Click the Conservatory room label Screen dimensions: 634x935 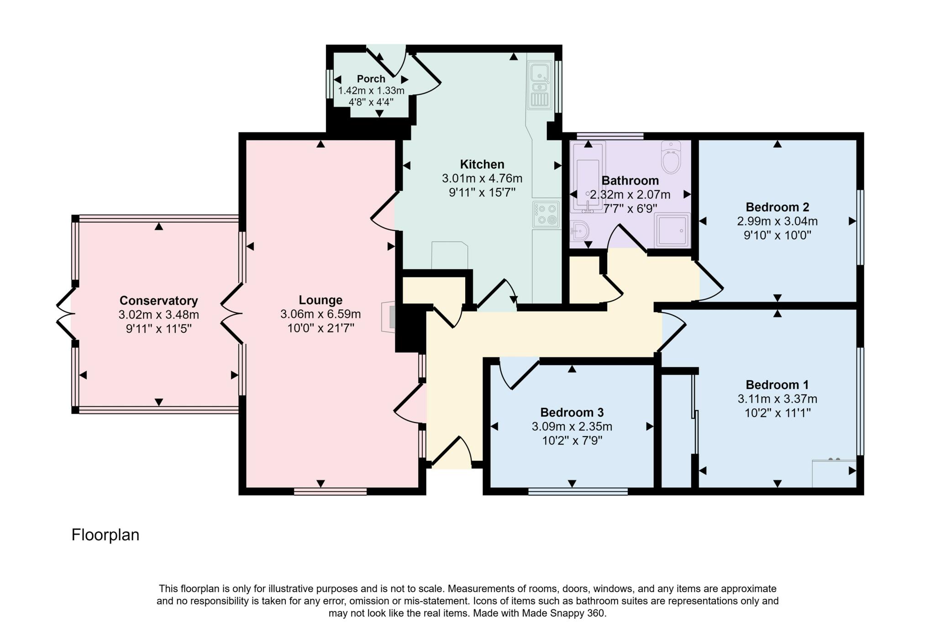158,301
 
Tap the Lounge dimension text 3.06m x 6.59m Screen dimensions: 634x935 320,314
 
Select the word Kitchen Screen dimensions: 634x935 482,165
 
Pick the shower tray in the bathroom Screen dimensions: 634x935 672,230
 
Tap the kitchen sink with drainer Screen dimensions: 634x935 540,85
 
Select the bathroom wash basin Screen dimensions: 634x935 579,231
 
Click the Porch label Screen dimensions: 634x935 371,79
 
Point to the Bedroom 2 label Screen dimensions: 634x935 777,208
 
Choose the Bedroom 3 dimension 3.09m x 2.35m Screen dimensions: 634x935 572,427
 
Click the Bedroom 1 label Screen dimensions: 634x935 777,385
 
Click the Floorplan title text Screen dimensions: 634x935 105,535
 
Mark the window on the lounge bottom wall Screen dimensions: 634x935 330,491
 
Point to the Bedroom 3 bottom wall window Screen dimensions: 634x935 578,491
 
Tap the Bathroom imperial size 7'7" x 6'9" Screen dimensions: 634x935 630,209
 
